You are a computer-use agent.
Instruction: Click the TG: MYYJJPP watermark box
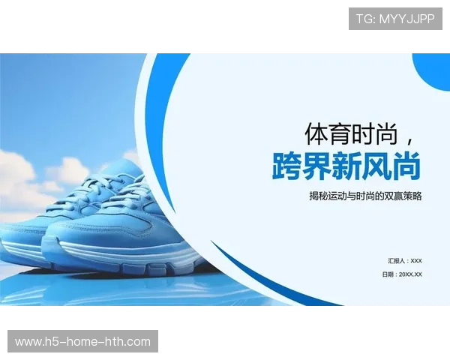(x=395, y=18)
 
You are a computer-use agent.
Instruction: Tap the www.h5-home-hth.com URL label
(x=83, y=342)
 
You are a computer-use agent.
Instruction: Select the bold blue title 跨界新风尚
(x=346, y=166)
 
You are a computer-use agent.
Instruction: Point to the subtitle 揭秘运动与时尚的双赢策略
(x=365, y=196)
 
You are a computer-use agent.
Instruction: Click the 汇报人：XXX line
(x=405, y=260)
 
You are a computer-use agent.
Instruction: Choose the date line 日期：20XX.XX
(x=402, y=274)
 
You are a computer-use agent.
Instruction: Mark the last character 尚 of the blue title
(x=406, y=166)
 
